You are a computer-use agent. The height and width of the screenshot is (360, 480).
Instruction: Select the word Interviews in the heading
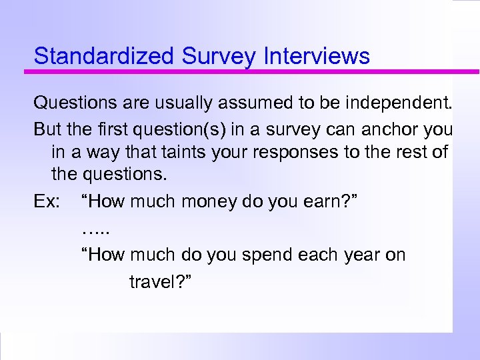(317, 56)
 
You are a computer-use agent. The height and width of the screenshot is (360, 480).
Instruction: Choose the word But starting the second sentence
(47, 128)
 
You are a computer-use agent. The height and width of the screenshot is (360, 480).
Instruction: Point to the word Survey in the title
(218, 56)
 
